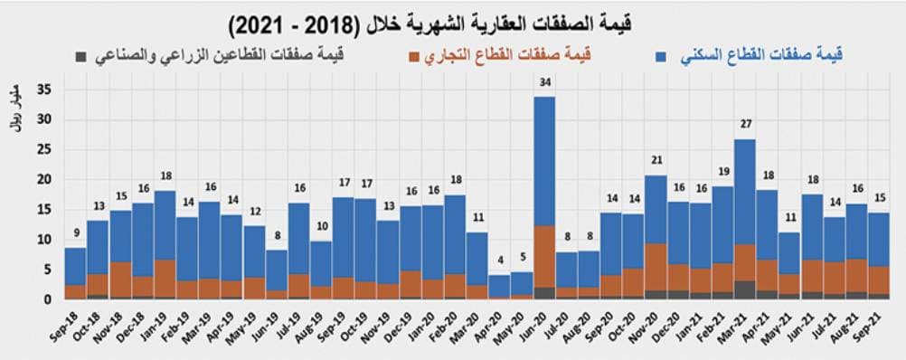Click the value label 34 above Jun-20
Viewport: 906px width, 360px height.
pos(544,84)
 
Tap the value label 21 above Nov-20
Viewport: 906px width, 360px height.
pos(656,162)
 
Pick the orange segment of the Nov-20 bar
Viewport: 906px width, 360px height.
pos(656,267)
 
